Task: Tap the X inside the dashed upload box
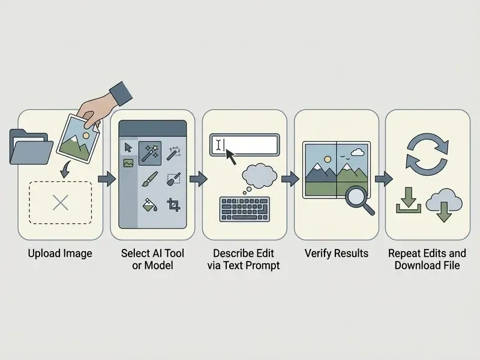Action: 61,203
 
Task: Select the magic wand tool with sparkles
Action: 150,153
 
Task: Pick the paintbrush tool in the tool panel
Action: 149,179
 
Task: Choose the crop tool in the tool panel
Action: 173,205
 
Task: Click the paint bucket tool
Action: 150,205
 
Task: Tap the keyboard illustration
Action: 245,209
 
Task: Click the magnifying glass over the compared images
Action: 359,200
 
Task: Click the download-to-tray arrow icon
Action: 409,200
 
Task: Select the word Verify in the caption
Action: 318,253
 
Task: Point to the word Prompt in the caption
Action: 263,265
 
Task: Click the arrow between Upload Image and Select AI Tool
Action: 107,179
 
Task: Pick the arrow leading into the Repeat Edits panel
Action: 384,178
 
